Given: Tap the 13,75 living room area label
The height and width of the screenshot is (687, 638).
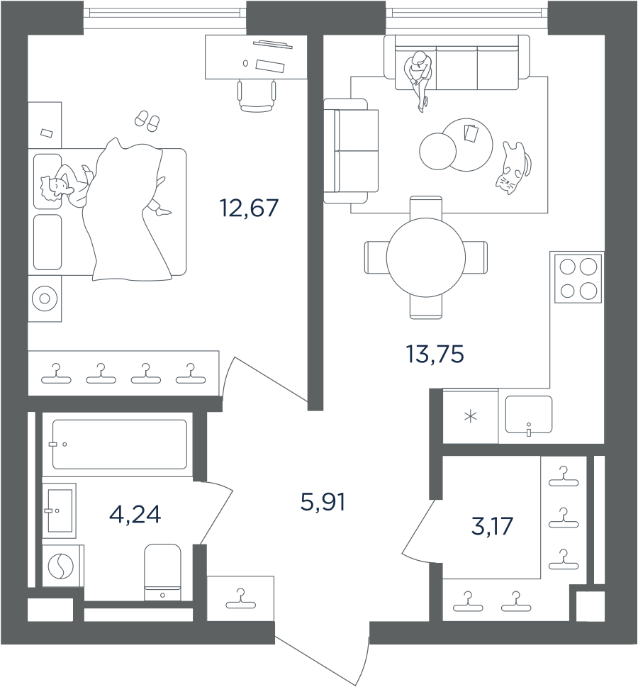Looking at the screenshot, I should pyautogui.click(x=435, y=353).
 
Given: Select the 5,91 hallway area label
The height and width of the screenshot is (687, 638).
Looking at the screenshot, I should pyautogui.click(x=323, y=503).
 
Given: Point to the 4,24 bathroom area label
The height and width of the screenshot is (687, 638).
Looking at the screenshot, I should pyautogui.click(x=135, y=514).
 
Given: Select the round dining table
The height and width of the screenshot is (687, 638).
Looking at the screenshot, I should pyautogui.click(x=425, y=257).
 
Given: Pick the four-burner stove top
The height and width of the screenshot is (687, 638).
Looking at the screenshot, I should pyautogui.click(x=578, y=279).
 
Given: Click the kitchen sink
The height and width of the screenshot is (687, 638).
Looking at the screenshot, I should pyautogui.click(x=528, y=414).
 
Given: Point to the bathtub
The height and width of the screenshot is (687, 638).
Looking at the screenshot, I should pyautogui.click(x=120, y=445).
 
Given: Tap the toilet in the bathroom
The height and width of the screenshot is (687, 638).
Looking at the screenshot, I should pyautogui.click(x=162, y=571).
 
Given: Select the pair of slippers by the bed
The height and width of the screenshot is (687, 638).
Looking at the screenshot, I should pyautogui.click(x=147, y=121).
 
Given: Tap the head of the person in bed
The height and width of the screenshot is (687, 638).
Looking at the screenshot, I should pyautogui.click(x=53, y=188).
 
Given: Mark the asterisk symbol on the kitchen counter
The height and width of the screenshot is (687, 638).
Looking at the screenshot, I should pyautogui.click(x=470, y=416).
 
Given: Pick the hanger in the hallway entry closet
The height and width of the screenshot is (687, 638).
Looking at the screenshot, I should pyautogui.click(x=240, y=600).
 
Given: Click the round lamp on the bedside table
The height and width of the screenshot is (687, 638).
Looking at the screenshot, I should pyautogui.click(x=45, y=298).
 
